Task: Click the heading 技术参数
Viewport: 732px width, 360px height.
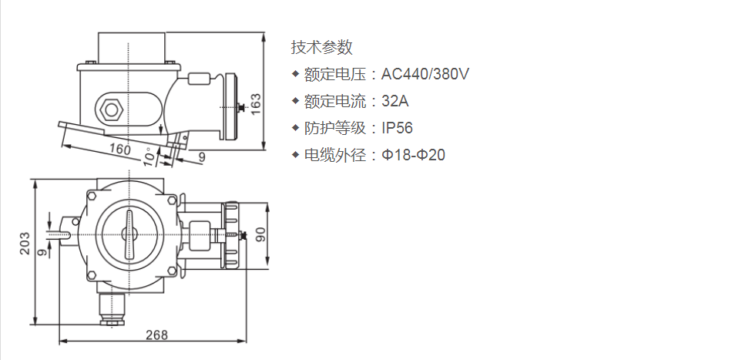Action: tap(321, 47)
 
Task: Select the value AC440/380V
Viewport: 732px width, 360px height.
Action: tap(425, 74)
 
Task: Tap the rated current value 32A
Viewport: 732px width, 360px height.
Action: tap(395, 101)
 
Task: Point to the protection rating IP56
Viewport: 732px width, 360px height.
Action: tap(398, 128)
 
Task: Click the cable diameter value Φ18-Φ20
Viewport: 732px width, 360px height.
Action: tap(414, 155)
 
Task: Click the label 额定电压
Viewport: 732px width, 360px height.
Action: tap(335, 74)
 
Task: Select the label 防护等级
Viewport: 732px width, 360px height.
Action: tap(335, 128)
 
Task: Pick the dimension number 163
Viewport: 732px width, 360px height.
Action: tap(256, 104)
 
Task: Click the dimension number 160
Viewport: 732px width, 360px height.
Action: tap(120, 149)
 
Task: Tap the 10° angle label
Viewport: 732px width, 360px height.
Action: tap(149, 157)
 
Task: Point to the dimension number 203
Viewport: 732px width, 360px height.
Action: tap(25, 244)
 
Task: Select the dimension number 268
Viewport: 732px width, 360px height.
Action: tap(156, 335)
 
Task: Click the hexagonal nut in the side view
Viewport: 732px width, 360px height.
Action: tap(111, 109)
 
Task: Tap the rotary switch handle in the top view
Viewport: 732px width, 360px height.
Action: tap(129, 234)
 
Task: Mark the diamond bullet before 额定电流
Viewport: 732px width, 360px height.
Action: tap(295, 100)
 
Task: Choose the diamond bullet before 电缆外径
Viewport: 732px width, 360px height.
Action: tap(295, 154)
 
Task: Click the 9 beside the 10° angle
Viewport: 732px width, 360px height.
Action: tap(202, 157)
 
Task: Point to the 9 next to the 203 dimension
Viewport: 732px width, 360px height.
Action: tap(43, 253)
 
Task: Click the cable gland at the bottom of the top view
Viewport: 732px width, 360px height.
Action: tap(112, 308)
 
